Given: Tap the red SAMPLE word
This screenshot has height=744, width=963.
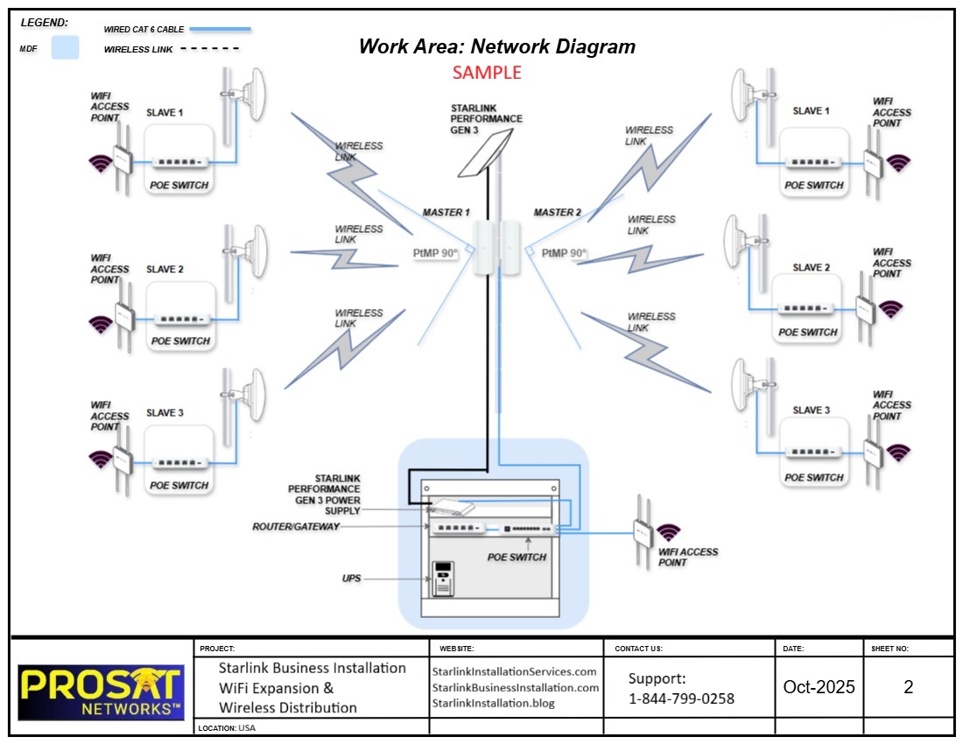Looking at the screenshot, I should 487,73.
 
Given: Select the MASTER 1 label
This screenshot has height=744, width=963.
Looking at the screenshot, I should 446,213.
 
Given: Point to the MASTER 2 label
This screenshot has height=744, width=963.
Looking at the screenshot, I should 558,213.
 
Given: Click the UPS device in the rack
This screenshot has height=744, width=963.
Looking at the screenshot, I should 444,579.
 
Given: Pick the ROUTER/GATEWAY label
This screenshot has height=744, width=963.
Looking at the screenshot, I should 295,527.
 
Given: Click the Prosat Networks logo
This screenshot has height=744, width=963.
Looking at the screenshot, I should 100,691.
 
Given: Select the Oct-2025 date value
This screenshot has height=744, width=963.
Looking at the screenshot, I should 819,687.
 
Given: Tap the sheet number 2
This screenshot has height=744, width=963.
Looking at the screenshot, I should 908,687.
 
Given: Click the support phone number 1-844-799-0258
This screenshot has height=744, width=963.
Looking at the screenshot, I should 681,698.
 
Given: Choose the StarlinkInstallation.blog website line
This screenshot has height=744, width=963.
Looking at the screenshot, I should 494,703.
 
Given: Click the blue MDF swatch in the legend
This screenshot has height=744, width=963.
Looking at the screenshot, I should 65,47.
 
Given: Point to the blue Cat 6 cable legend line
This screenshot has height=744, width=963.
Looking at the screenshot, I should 220,29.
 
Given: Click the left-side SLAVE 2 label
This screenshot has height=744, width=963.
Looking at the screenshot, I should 165,270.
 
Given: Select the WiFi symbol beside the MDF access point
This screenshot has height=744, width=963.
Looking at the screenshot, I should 668,532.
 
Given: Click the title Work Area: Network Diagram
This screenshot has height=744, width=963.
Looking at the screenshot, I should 496,46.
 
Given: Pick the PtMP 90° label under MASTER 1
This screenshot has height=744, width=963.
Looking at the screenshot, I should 435,253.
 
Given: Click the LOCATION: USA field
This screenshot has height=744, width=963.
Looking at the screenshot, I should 227,727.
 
